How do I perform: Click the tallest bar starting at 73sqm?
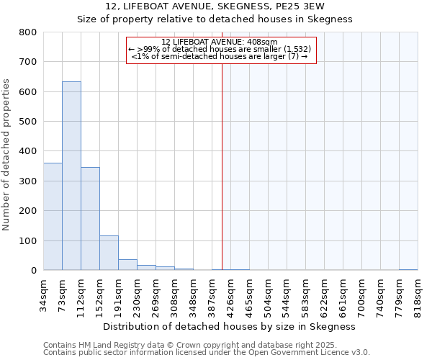[71, 176]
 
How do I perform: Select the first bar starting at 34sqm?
[53, 216]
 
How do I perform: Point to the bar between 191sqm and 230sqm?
[127, 264]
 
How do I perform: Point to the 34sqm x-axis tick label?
[44, 294]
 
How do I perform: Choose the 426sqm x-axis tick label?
[231, 294]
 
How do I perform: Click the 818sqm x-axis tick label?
[418, 294]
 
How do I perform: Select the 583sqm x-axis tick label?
[306, 294]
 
